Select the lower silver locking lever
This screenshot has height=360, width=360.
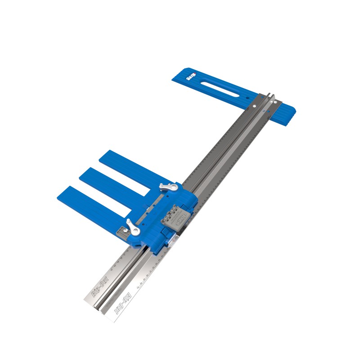click(131, 226)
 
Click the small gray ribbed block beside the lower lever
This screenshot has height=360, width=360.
click(121, 233)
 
